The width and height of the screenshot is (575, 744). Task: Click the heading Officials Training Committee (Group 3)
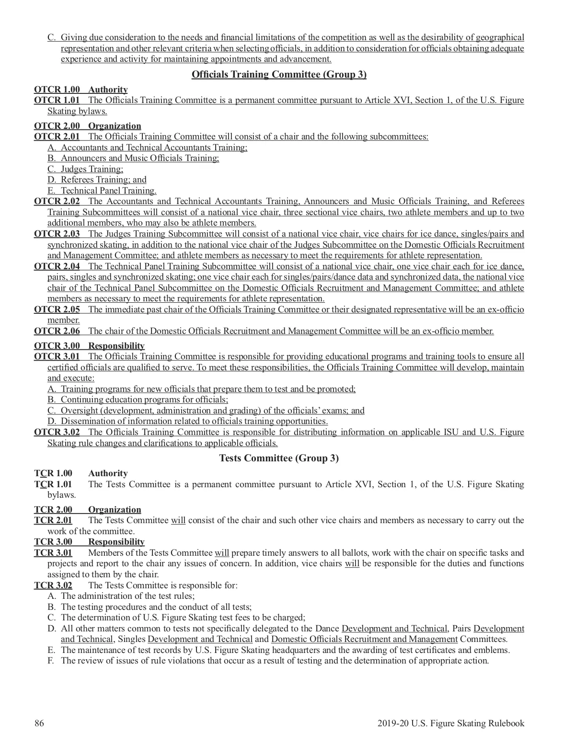(x=279, y=74)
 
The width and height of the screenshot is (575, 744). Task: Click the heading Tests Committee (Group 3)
(x=279, y=458)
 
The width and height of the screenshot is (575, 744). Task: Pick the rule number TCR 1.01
(x=53, y=484)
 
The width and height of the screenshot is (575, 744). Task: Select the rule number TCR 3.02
(x=53, y=585)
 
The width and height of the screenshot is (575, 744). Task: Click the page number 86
(x=39, y=723)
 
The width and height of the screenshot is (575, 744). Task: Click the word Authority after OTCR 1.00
(x=108, y=90)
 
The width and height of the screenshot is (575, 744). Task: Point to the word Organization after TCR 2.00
(x=115, y=510)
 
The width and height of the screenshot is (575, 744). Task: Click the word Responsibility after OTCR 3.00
(x=116, y=346)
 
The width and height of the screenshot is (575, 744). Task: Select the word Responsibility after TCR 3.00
(x=116, y=542)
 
